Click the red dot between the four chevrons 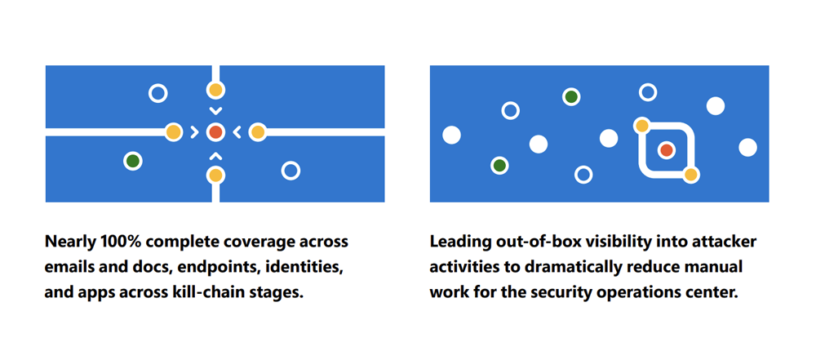(x=215, y=132)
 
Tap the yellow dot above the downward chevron (x=215, y=90)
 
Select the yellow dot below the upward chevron (x=215, y=175)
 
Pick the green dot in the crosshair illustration (x=133, y=161)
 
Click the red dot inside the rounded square (x=666, y=150)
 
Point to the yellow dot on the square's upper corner (x=642, y=126)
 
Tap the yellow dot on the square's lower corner (x=690, y=175)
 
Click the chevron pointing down (x=215, y=111)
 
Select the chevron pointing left (x=237, y=132)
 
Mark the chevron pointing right (x=194, y=132)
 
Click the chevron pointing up (x=215, y=155)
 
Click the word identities (x=304, y=268)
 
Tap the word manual (x=712, y=268)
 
